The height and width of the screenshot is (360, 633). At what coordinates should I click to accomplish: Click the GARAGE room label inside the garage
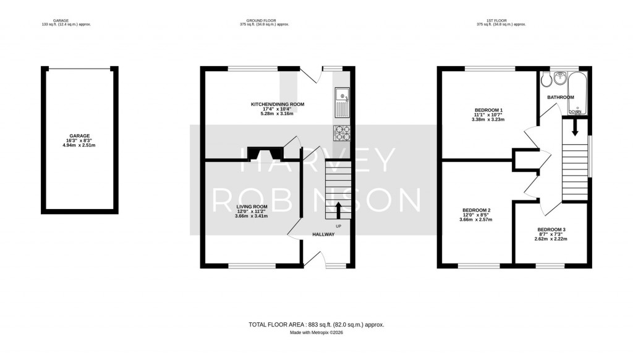point(80,135)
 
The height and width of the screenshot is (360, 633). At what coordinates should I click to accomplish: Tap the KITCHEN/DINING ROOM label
point(278,104)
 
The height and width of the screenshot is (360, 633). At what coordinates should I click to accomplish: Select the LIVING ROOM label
point(252,207)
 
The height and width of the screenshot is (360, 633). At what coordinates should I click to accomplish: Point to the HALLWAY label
point(323,234)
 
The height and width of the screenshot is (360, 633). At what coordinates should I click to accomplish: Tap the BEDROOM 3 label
point(551,229)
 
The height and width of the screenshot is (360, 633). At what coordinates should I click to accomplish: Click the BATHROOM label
point(561,97)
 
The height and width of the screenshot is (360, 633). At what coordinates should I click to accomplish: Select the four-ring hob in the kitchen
point(342,134)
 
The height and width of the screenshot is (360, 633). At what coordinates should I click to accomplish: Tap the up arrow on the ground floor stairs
point(338,209)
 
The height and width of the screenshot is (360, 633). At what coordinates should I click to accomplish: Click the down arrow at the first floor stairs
point(575,127)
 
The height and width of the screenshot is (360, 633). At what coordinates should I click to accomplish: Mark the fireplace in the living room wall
point(263,152)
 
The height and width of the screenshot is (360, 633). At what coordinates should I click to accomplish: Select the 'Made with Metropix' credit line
point(316,333)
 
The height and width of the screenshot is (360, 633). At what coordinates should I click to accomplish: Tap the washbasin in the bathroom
point(561,78)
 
